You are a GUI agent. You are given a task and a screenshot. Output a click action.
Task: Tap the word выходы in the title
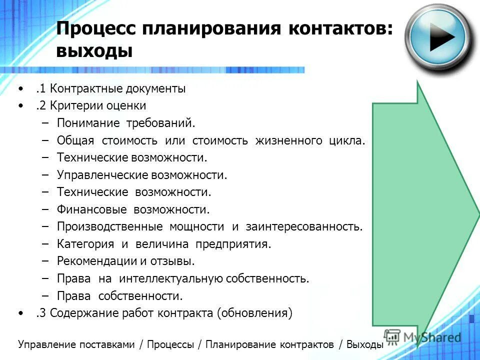click(94, 51)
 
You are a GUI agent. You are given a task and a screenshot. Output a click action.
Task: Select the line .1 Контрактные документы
click(110, 89)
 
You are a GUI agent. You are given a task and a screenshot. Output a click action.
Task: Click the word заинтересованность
click(304, 226)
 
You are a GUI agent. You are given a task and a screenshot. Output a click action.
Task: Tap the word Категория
click(86, 244)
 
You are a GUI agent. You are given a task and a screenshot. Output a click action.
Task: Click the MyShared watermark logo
click(422, 336)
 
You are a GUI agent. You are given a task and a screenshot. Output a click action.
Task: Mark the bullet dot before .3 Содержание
click(20, 313)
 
